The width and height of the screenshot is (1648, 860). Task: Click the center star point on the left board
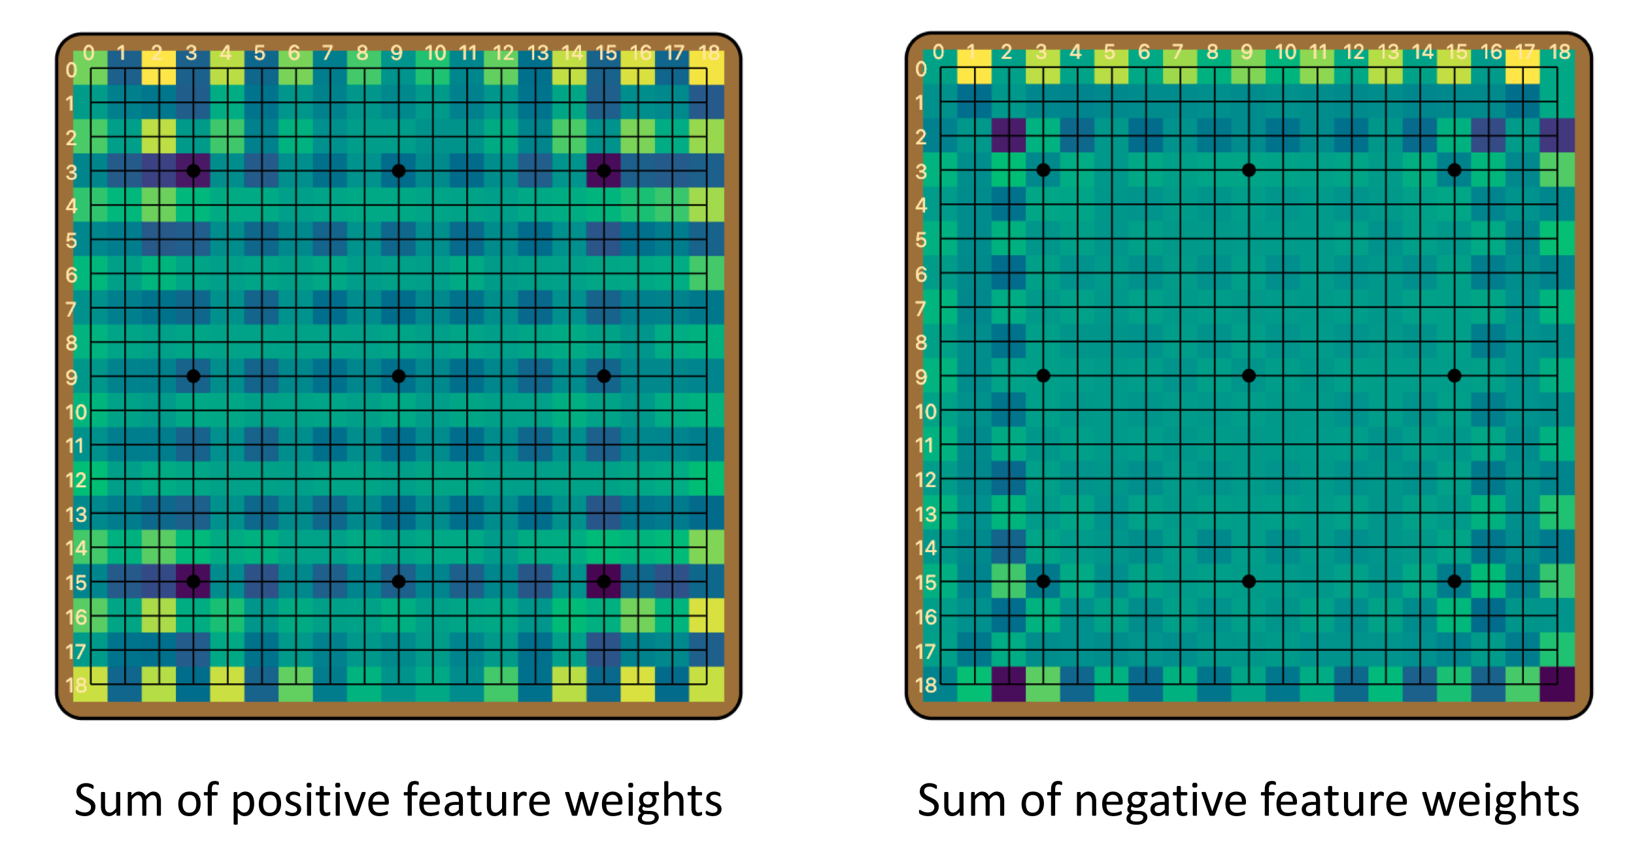pos(398,376)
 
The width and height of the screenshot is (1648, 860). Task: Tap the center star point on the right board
pos(1249,375)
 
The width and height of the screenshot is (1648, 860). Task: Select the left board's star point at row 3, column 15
pos(604,171)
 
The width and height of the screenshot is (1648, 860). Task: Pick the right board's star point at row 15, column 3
pos(1043,581)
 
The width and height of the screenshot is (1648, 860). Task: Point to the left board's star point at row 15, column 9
pos(398,581)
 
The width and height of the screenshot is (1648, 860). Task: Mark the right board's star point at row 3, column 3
pos(1043,170)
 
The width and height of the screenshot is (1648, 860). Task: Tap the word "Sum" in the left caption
pos(118,800)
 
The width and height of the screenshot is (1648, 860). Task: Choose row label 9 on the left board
pos(71,377)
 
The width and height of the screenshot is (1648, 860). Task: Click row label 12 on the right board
pos(926,480)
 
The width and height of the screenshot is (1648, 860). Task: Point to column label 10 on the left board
pos(435,52)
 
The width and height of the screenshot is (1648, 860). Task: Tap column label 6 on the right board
pos(1143,52)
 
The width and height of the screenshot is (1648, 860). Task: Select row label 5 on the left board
pos(71,241)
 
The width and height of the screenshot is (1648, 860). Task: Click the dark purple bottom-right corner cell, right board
pos(1557,684)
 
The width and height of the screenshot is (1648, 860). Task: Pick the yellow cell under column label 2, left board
pos(158,68)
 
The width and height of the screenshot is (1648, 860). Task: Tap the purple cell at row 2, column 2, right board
pos(1009,135)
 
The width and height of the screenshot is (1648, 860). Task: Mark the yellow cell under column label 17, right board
pos(1522,67)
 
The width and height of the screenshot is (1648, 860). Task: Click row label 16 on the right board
pos(926,617)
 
